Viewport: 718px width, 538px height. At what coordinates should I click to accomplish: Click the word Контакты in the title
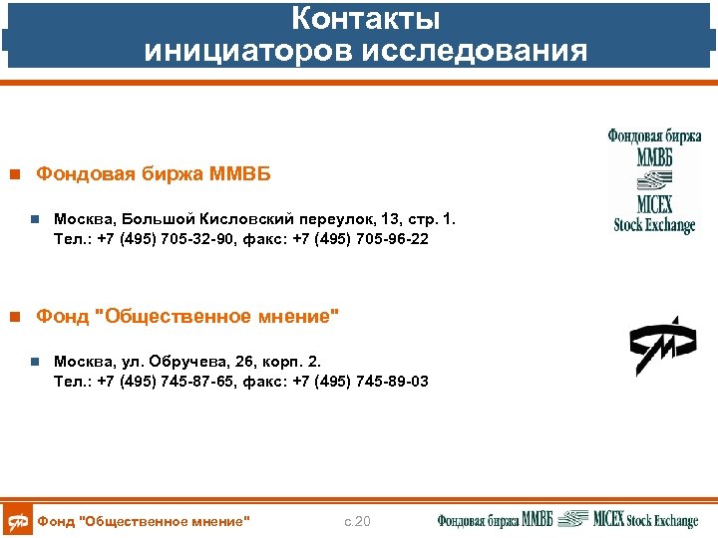pos(365,19)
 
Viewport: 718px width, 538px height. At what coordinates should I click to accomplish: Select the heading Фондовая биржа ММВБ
pos(153,174)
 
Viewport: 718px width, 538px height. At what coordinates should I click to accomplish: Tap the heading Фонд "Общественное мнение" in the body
pos(186,317)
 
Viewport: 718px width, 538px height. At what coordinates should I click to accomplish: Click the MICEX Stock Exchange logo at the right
pos(653,180)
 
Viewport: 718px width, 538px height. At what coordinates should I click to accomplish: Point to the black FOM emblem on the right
pos(661,346)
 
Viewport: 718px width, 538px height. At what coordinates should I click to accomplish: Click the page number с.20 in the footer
pos(357,521)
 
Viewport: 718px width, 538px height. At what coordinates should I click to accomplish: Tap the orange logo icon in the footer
pos(17,520)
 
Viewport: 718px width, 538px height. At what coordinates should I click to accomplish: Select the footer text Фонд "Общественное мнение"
pos(143,521)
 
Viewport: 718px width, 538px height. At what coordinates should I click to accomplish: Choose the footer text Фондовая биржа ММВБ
pos(495,520)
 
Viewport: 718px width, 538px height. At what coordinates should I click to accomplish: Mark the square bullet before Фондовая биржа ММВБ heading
pos(14,175)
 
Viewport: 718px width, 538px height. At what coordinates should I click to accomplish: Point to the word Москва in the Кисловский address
pos(83,219)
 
